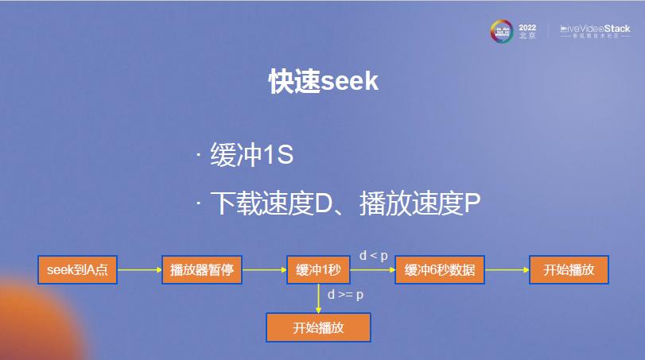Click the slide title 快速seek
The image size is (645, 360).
click(322, 82)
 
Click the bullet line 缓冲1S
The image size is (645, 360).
click(251, 154)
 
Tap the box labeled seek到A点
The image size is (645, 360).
click(77, 270)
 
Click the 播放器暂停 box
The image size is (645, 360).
click(201, 270)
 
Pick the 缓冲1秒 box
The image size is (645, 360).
click(317, 270)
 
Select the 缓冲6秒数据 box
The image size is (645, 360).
click(440, 270)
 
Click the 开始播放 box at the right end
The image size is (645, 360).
click(569, 270)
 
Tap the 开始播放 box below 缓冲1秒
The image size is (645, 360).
click(318, 327)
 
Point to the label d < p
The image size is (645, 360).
click(373, 255)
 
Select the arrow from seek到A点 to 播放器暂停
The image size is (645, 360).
click(139, 270)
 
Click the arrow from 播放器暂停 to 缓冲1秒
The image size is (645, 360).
click(263, 270)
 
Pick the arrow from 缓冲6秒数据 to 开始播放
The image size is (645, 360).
click(507, 270)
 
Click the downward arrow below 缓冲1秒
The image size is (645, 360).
click(318, 299)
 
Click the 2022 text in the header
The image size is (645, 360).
click(527, 26)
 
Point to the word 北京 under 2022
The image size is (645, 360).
click(527, 37)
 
